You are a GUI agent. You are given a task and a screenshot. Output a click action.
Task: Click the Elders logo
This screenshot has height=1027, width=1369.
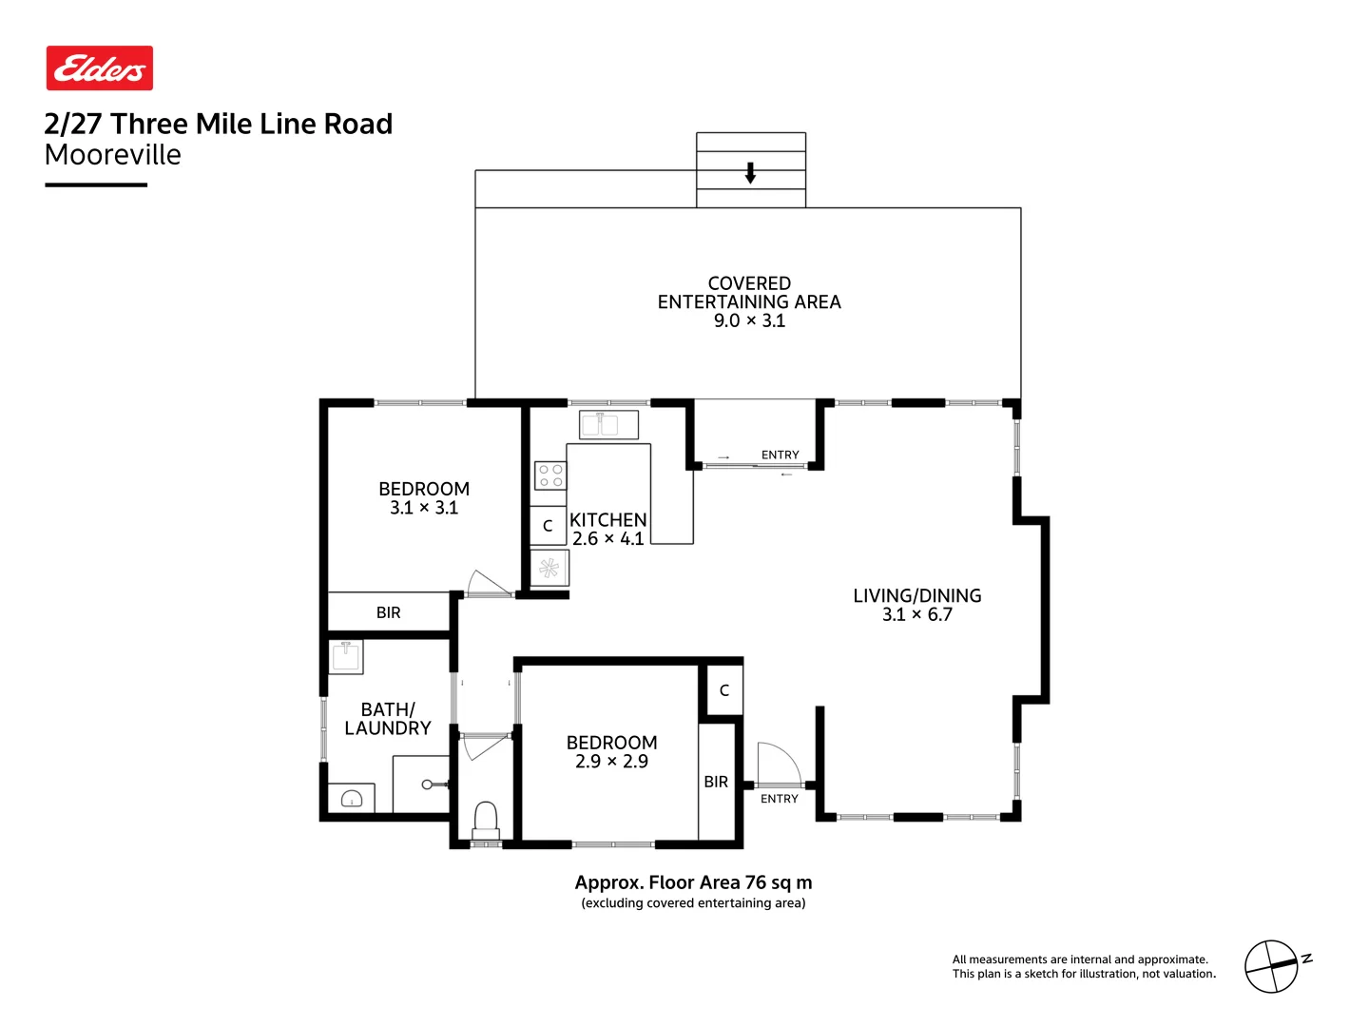pyautogui.click(x=100, y=68)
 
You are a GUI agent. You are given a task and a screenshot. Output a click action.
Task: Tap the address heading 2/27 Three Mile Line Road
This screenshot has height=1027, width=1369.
pyautogui.click(x=218, y=124)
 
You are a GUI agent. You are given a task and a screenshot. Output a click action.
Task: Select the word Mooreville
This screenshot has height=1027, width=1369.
pyautogui.click(x=112, y=155)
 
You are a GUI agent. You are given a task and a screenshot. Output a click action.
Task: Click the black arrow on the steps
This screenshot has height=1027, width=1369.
pyautogui.click(x=750, y=173)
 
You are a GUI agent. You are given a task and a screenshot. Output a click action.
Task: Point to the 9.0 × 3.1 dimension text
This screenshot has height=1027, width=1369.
pyautogui.click(x=749, y=320)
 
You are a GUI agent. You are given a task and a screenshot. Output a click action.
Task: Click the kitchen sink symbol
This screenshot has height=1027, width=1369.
pyautogui.click(x=608, y=424)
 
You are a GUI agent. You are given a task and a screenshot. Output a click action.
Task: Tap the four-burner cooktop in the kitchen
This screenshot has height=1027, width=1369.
pyautogui.click(x=550, y=475)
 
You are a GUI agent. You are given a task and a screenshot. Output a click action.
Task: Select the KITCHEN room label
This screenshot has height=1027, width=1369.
pyautogui.click(x=607, y=520)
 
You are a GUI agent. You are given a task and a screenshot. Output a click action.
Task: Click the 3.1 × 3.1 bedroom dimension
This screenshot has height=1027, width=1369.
pyautogui.click(x=424, y=508)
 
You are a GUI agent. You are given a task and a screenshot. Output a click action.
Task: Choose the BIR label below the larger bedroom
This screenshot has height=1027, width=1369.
pyautogui.click(x=388, y=612)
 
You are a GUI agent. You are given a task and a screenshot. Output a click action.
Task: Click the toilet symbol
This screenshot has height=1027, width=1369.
pyautogui.click(x=486, y=820)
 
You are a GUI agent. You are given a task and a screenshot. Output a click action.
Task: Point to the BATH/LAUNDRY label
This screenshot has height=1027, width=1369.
pyautogui.click(x=388, y=719)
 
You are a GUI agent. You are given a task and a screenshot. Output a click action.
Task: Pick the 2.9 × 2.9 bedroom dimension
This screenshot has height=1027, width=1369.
pyautogui.click(x=611, y=762)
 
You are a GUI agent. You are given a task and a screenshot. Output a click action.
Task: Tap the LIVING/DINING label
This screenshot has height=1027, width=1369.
pyautogui.click(x=916, y=596)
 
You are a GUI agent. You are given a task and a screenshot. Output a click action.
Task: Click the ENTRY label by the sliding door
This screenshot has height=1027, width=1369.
pyautogui.click(x=780, y=455)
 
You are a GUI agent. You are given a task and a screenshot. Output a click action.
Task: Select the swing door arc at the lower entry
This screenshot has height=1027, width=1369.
pyautogui.click(x=778, y=763)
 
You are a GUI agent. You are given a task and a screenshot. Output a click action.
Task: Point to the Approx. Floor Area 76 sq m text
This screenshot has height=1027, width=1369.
pyautogui.click(x=693, y=882)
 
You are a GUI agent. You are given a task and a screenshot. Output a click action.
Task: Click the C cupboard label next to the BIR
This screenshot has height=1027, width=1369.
pyautogui.click(x=723, y=690)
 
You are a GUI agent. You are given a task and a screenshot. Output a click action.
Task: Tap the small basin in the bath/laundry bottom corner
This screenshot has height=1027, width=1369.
pyautogui.click(x=351, y=799)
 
